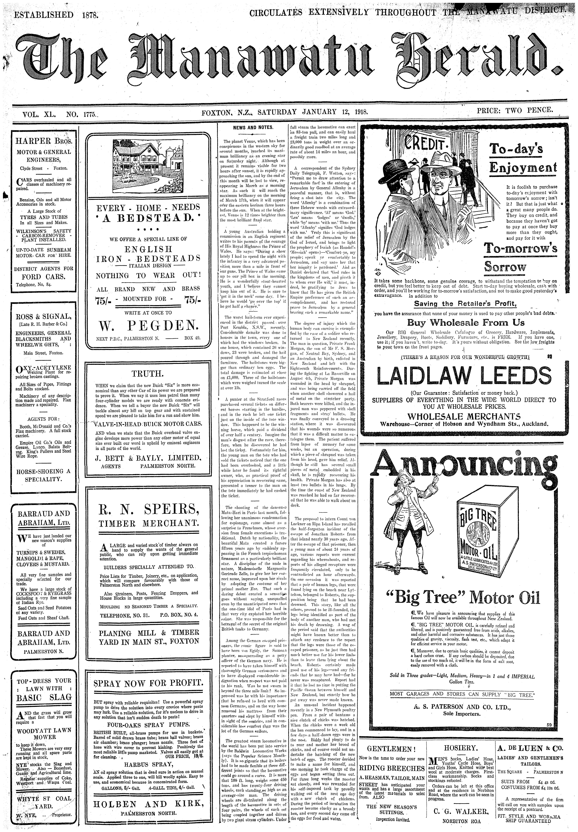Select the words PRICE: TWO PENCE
(x=515, y=110)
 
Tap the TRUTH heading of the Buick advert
(x=148, y=373)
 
